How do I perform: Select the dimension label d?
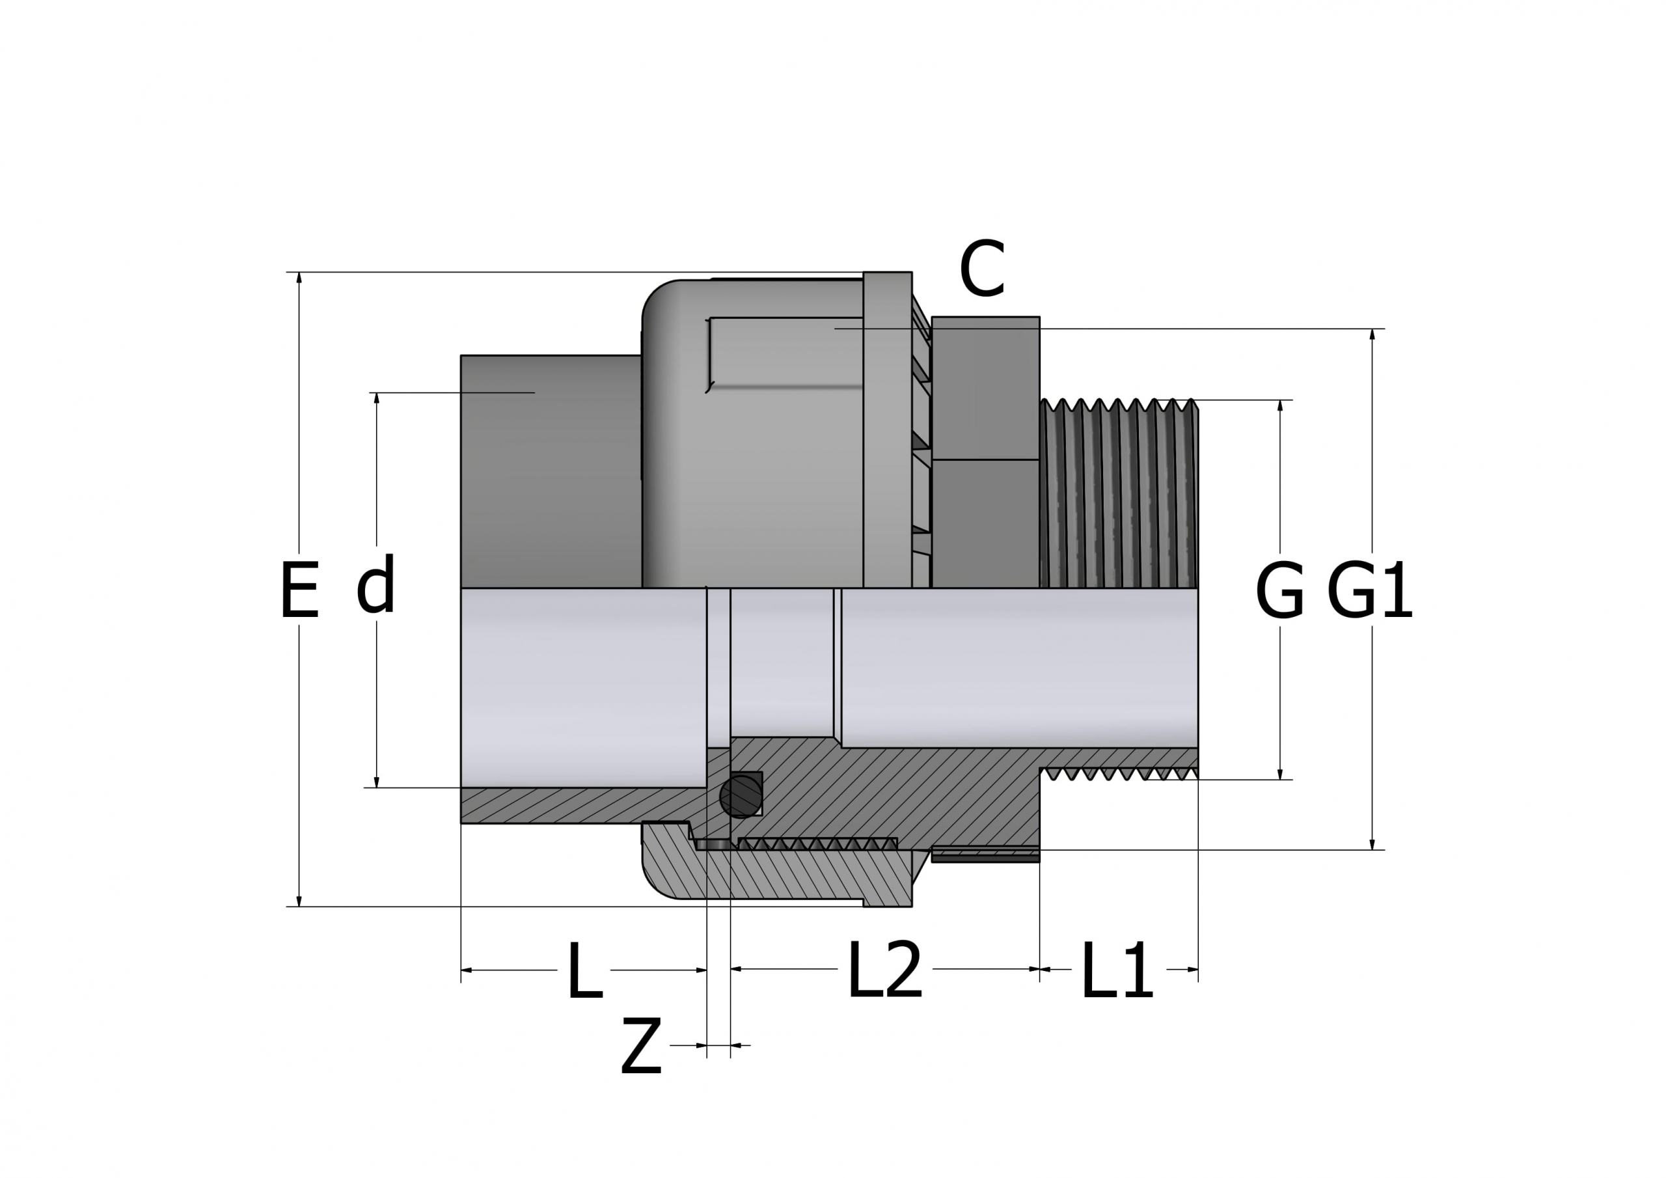click(376, 585)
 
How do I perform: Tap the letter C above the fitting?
click(982, 269)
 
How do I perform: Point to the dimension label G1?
click(1369, 591)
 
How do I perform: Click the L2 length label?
click(884, 970)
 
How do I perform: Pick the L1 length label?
click(1117, 972)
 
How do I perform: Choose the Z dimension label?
click(642, 1047)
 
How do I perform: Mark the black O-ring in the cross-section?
click(740, 796)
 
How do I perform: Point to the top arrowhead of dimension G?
click(1280, 405)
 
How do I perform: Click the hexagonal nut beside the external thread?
click(985, 450)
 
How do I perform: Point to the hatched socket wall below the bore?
click(580, 806)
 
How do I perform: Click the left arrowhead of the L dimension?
click(467, 970)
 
